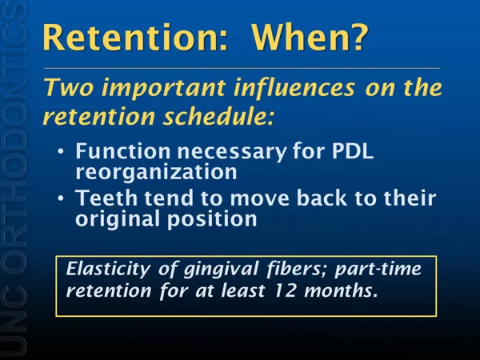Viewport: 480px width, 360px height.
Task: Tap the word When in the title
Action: click(300, 38)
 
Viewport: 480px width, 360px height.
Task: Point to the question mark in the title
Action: click(358, 37)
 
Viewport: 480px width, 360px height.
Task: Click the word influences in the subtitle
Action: click(294, 87)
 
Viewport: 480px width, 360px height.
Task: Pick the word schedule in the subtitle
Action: click(218, 116)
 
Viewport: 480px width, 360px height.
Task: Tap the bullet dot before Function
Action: click(61, 151)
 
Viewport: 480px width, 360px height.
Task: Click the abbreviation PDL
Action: click(353, 151)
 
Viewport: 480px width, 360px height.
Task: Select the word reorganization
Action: click(156, 172)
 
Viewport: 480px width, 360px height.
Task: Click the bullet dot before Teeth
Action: click(61, 198)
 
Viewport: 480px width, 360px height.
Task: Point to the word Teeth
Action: click(107, 198)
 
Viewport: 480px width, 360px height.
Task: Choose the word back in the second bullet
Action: click(322, 198)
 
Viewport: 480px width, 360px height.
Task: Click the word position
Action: click(212, 219)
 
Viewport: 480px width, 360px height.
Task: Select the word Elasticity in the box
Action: click(108, 269)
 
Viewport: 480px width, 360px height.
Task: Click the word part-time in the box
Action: click(378, 269)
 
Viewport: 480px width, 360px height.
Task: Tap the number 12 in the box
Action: click(285, 290)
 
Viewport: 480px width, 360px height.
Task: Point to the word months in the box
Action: click(341, 290)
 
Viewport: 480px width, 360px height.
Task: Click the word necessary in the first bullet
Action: click(232, 152)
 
